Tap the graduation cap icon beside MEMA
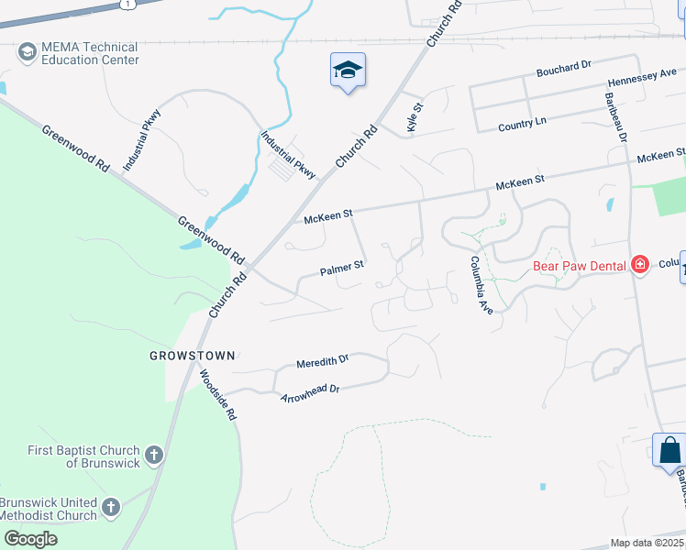(x=27, y=52)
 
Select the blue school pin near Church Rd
(x=348, y=70)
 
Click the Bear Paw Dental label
(x=579, y=267)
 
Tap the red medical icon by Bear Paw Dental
(x=640, y=266)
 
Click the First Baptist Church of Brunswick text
(x=83, y=456)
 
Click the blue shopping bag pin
(x=669, y=450)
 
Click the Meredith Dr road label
(x=323, y=363)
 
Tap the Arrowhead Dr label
(x=310, y=393)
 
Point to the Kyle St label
(x=415, y=117)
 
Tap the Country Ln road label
(x=522, y=123)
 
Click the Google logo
(x=30, y=538)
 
